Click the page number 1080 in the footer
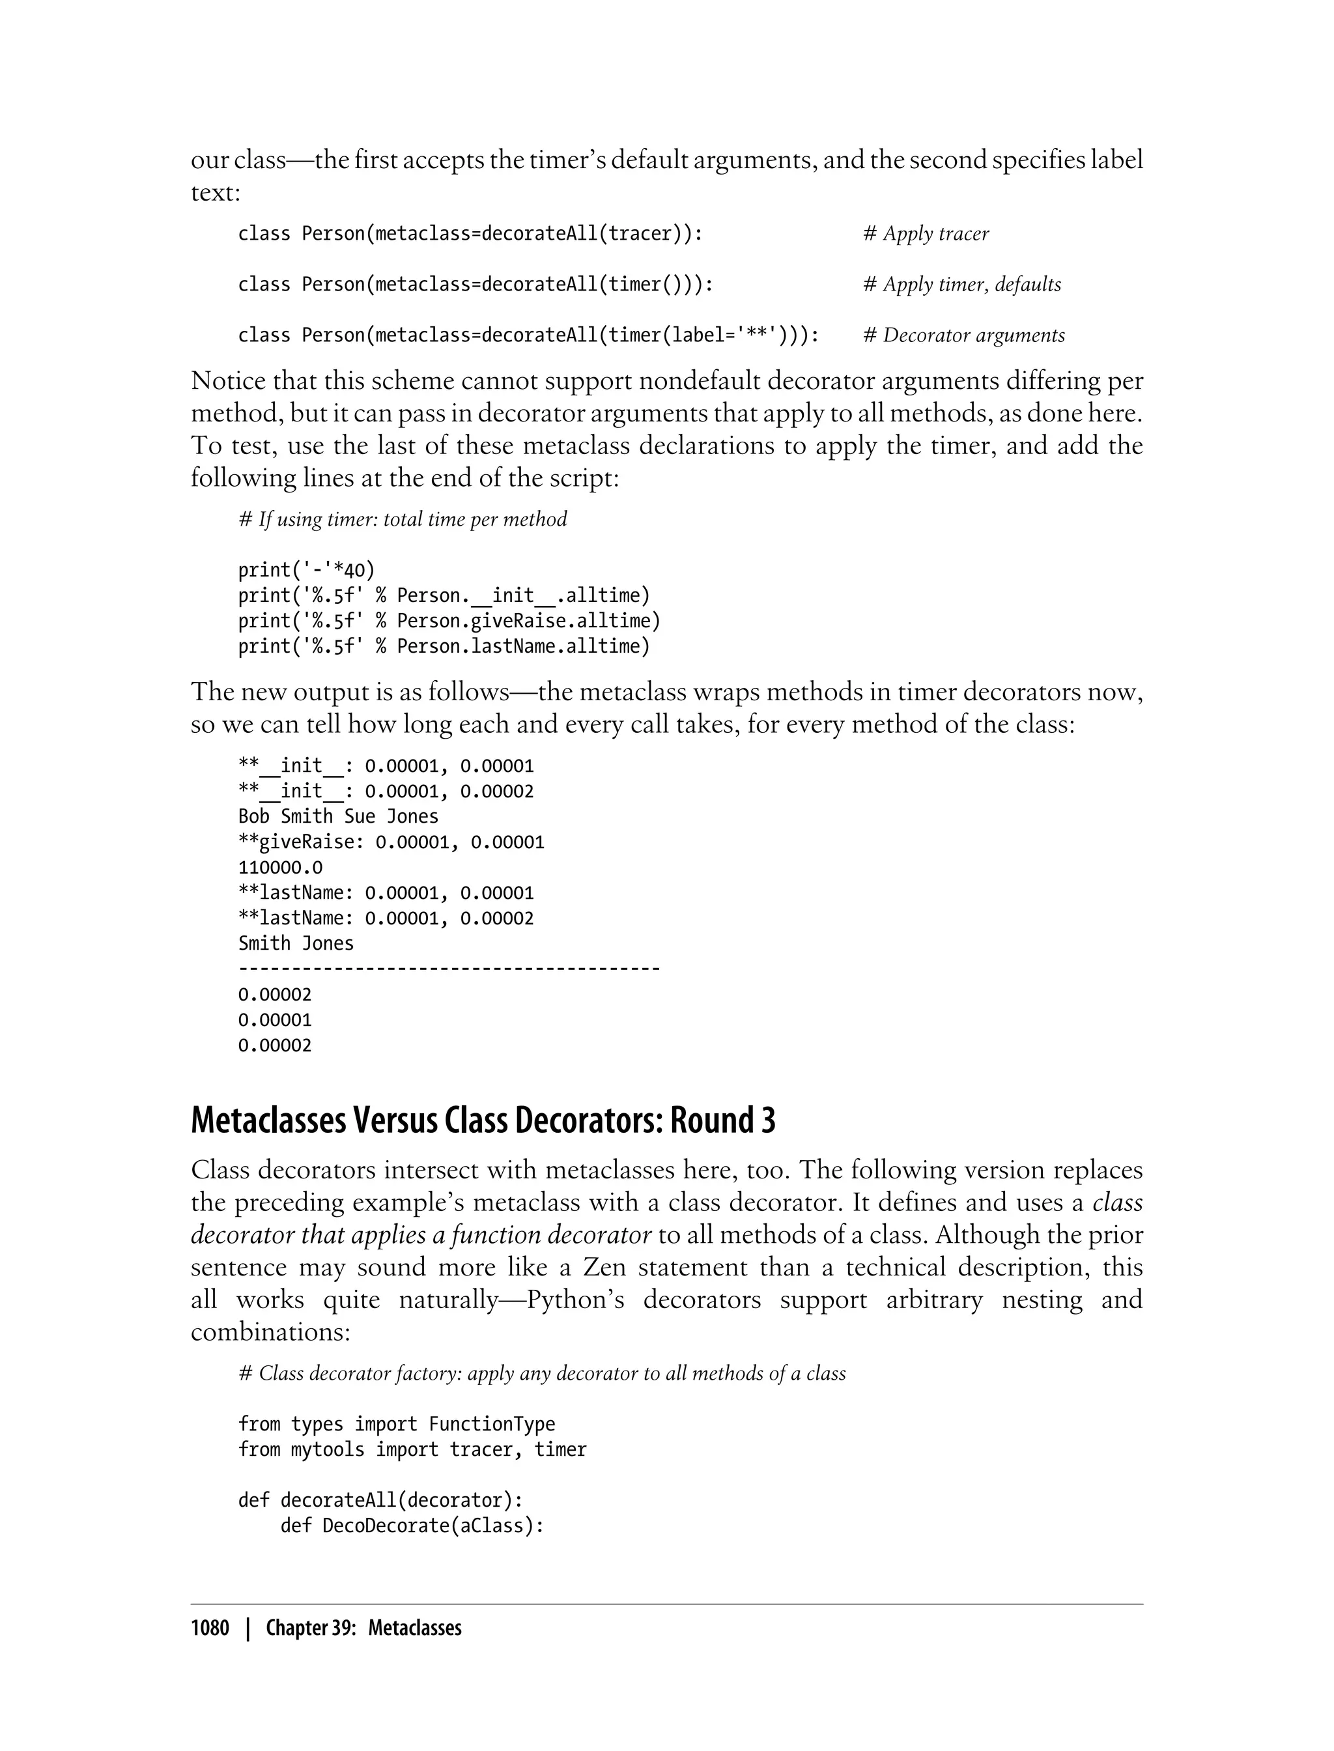[210, 1629]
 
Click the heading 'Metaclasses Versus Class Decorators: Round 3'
[483, 1120]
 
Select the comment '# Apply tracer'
[926, 233]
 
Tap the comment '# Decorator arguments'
[964, 335]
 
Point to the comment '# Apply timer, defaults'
[961, 284]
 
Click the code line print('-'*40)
[305, 570]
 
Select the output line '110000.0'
[280, 867]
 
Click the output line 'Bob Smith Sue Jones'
[337, 816]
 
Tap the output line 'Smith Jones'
[295, 943]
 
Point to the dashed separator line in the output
[449, 969]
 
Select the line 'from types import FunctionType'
[396, 1424]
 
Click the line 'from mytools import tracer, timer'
[411, 1449]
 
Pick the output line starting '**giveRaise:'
[391, 842]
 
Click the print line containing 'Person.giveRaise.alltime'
[449, 621]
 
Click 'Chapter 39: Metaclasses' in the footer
[363, 1629]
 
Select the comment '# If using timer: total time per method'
[403, 519]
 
